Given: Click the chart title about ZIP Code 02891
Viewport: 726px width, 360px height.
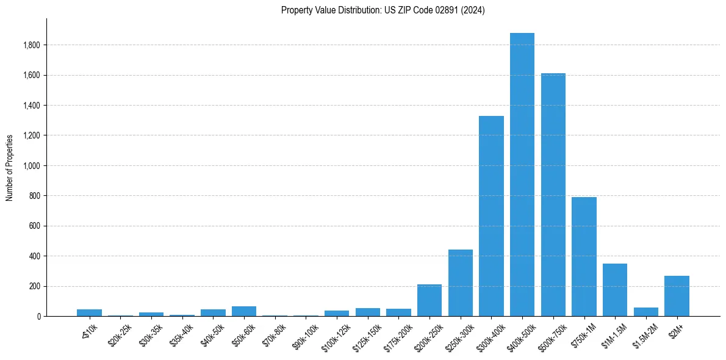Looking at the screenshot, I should [x=383, y=10].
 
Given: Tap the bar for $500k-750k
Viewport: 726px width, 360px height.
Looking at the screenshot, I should [x=553, y=195].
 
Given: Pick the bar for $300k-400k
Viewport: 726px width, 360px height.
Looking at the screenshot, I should [x=491, y=216].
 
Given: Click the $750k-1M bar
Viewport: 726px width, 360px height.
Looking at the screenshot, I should [x=584, y=256].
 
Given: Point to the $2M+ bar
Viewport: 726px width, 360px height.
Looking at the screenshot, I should [x=677, y=296].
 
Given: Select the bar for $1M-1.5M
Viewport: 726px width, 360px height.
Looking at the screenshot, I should [x=615, y=290].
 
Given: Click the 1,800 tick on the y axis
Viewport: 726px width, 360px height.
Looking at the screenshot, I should [x=31, y=45].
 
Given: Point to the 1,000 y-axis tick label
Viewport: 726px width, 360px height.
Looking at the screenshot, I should [x=31, y=166].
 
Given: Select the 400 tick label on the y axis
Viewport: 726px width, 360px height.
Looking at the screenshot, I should [x=35, y=256].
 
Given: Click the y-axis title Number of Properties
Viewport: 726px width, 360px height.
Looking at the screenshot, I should [x=10, y=167].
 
